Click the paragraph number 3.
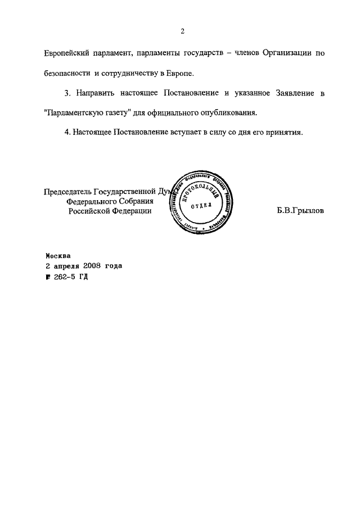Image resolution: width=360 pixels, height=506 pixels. pos(67,93)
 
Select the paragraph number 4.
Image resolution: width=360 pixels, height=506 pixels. pos(67,133)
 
